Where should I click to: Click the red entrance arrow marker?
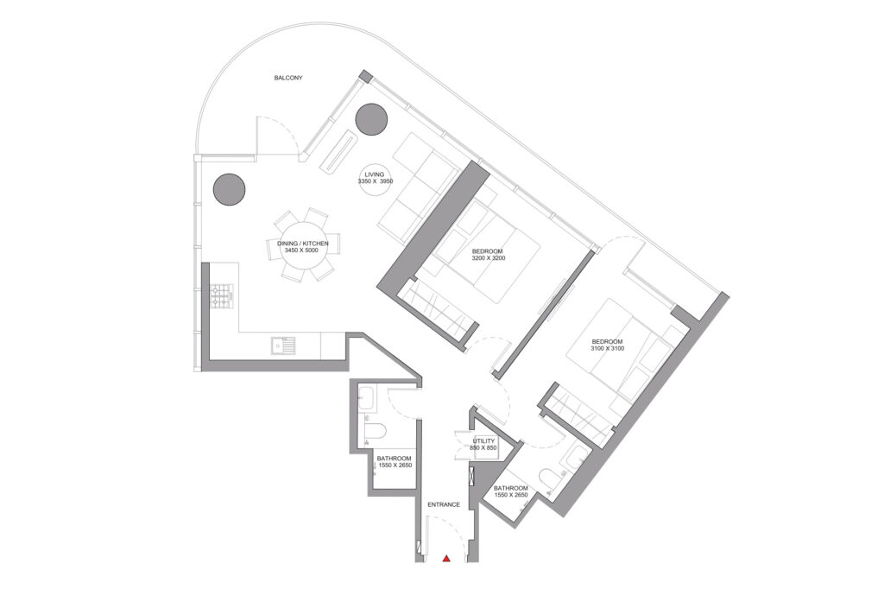click(x=446, y=559)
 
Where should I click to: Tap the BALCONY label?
click(x=288, y=78)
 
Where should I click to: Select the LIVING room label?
click(x=374, y=174)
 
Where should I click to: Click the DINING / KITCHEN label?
click(x=302, y=244)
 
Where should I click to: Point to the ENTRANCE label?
click(x=443, y=504)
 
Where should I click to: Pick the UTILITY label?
click(x=483, y=441)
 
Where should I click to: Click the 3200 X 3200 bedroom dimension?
click(x=489, y=259)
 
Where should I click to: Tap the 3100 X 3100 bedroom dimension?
click(x=608, y=349)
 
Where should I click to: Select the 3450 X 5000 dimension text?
click(x=302, y=252)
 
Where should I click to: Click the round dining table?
click(x=302, y=247)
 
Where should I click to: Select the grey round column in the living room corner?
click(x=371, y=118)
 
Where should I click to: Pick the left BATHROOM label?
click(x=395, y=458)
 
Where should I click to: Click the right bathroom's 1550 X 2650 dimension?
click(x=510, y=496)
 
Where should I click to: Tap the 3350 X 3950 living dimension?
click(x=375, y=182)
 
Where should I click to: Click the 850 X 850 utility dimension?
click(x=483, y=449)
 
